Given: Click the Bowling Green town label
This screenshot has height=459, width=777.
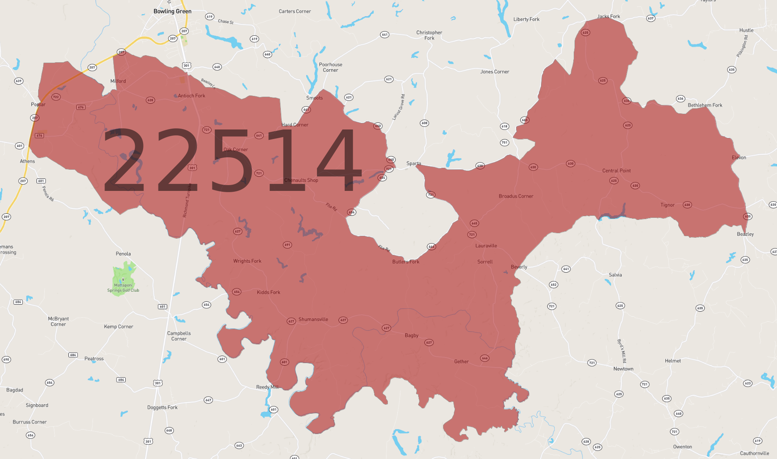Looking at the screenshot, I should tap(172, 11).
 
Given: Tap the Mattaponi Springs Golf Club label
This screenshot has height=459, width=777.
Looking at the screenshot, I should tap(123, 288).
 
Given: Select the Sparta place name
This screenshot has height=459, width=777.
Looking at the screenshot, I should tap(414, 164).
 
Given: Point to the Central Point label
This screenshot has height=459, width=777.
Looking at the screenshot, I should tap(616, 171).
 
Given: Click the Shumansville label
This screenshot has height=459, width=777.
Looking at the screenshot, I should tap(313, 319).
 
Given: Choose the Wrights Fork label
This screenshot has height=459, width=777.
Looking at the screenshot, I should tap(247, 261).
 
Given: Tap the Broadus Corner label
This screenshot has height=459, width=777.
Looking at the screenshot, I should tap(516, 196).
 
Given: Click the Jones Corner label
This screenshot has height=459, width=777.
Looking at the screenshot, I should tap(494, 72).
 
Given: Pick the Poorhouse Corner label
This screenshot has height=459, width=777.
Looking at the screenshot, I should tap(331, 67).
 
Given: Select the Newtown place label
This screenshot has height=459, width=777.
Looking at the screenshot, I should tap(623, 369).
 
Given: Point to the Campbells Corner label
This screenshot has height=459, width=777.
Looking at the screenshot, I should tap(179, 336).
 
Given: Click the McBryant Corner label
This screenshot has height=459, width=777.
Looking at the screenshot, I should tap(58, 321).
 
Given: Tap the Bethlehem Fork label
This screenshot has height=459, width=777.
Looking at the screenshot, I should tap(705, 105).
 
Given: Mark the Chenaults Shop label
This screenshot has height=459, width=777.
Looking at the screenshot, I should tap(301, 180).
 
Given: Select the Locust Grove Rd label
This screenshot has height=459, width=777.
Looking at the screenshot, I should tap(399, 107).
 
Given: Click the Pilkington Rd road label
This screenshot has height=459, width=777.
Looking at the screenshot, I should tap(742, 46).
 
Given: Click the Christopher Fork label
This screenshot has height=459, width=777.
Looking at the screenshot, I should tap(429, 35).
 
